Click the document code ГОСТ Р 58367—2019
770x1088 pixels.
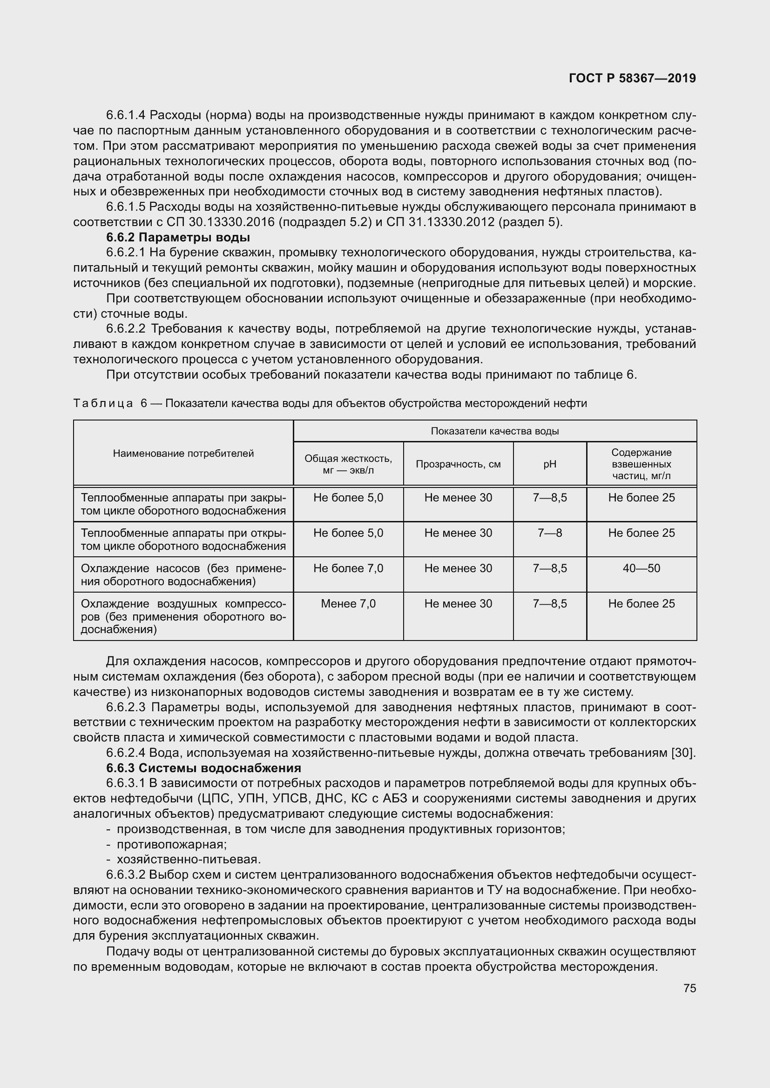pos(632,79)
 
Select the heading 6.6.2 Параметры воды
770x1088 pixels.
pos(178,237)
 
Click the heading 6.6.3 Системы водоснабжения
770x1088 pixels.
pos(203,768)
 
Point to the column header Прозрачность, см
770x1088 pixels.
pos(458,464)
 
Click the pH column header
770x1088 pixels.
pos(549,464)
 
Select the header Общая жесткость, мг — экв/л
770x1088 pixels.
pos(348,464)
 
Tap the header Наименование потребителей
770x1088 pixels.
pos(183,454)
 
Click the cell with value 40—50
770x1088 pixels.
pos(641,568)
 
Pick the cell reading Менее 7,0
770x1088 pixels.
pos(348,604)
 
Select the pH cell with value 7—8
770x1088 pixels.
pos(549,533)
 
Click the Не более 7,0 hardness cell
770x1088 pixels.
pos(348,568)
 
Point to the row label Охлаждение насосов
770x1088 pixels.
pos(183,574)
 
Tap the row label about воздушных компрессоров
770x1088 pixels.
pos(183,616)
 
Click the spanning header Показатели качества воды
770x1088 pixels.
pos(494,431)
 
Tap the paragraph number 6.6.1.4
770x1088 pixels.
pos(126,115)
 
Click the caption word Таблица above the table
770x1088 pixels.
pos(103,403)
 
